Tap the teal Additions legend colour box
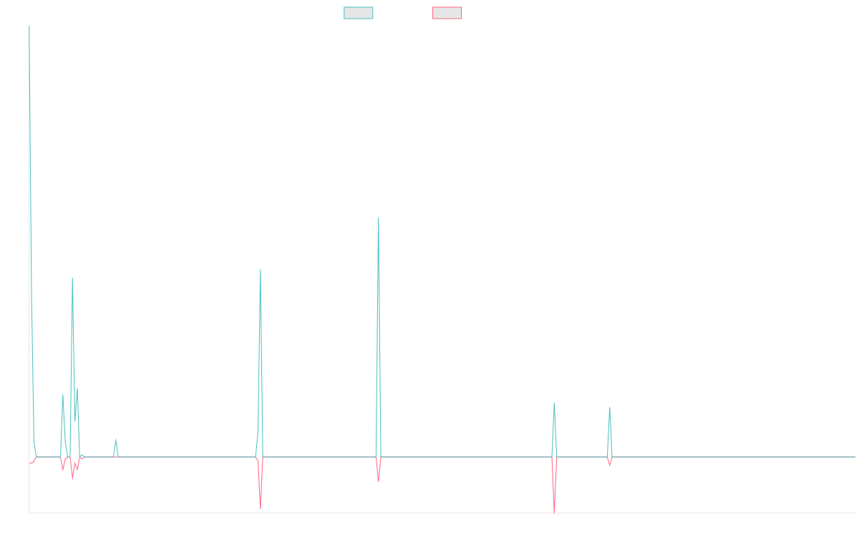pos(359,13)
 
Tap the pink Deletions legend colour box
pos(447,13)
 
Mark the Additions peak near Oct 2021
pos(379,217)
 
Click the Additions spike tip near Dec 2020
pos(261,270)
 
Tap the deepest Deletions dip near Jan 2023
pos(554,512)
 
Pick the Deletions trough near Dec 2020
pos(261,508)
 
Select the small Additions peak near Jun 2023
pos(610,407)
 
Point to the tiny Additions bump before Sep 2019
pos(115,439)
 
